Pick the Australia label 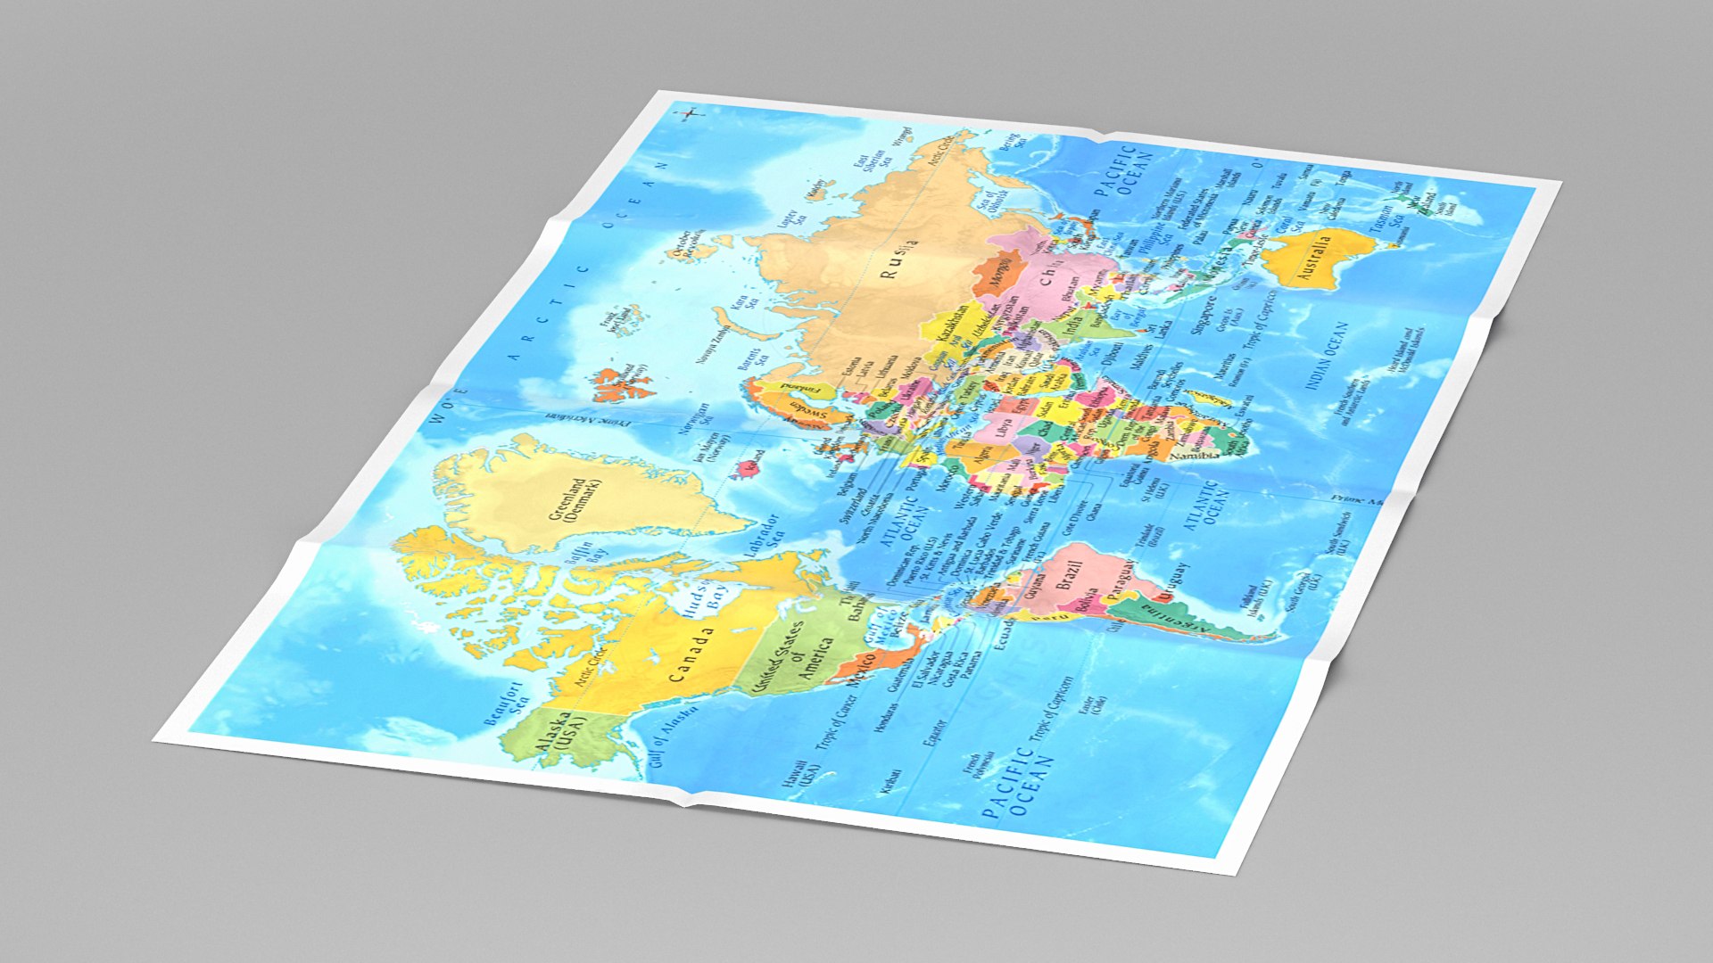click(1313, 257)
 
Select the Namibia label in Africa click(1195, 456)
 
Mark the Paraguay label click(1122, 580)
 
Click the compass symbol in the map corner click(691, 113)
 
